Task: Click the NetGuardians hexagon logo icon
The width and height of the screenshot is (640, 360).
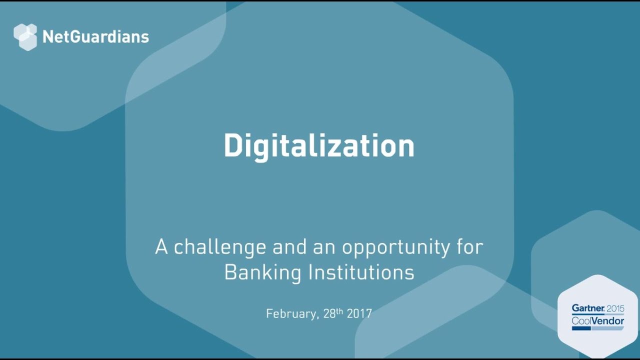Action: pos(25,37)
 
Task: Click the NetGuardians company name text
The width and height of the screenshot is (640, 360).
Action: pos(95,37)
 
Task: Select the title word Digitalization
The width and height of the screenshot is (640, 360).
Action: pos(319,146)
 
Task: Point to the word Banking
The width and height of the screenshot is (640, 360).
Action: pos(262,273)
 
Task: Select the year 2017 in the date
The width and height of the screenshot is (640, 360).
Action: pos(359,313)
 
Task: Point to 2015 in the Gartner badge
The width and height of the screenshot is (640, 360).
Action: pos(615,308)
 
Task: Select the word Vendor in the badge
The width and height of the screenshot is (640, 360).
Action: pos(607,320)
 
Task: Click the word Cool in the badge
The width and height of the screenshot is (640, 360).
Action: pos(581,320)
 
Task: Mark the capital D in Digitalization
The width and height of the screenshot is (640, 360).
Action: pos(233,146)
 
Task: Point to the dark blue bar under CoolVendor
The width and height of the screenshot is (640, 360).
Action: pos(581,328)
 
